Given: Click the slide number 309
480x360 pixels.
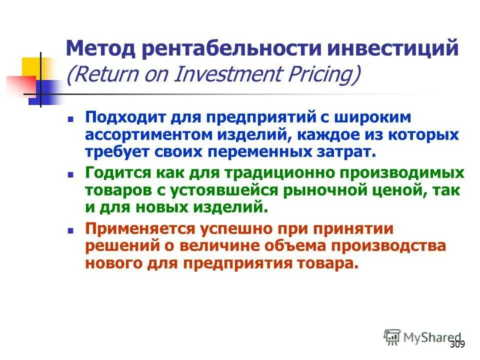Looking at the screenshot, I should tap(457, 344).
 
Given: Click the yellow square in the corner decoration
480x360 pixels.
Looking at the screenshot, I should tap(31, 67).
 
